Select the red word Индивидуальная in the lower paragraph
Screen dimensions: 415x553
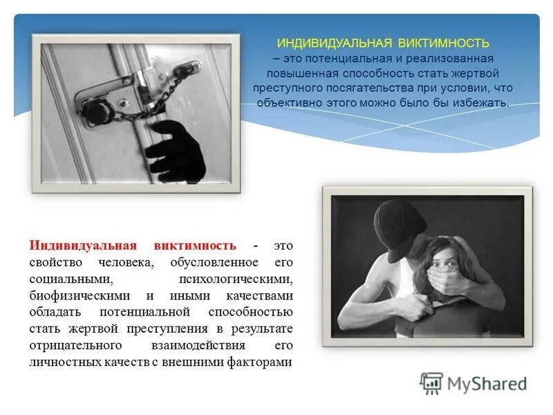coord(83,246)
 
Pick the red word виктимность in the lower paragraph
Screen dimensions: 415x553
coord(196,246)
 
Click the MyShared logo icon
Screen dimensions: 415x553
coord(432,383)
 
